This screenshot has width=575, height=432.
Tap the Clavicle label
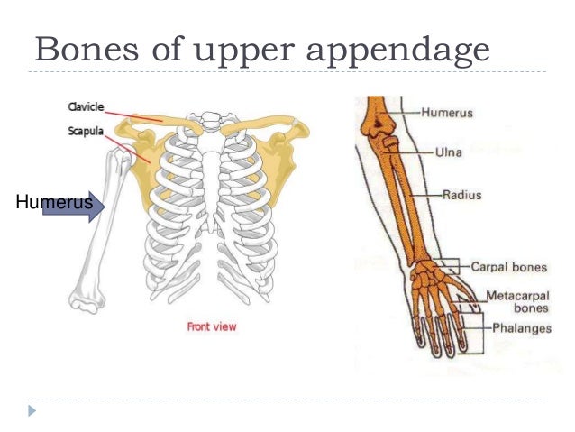[x=86, y=107]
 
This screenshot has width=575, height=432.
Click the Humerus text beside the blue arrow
[x=52, y=203]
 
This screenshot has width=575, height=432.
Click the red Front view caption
[x=211, y=326]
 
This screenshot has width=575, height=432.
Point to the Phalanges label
[x=521, y=328]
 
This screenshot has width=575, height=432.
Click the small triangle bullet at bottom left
[x=33, y=410]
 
